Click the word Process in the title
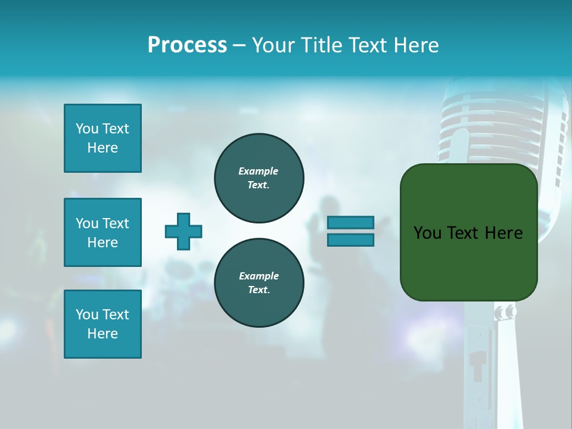tap(187, 45)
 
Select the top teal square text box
tap(102, 138)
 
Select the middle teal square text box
tap(102, 232)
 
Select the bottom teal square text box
tap(102, 324)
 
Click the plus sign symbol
tap(184, 231)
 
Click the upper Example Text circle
tap(259, 178)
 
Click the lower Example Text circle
tap(259, 283)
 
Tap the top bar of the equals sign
tap(350, 223)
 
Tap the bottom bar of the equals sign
tap(350, 240)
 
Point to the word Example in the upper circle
tap(258, 171)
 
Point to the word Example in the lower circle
tap(258, 276)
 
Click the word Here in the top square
tap(102, 148)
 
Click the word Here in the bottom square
tap(102, 334)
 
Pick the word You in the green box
tap(427, 233)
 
